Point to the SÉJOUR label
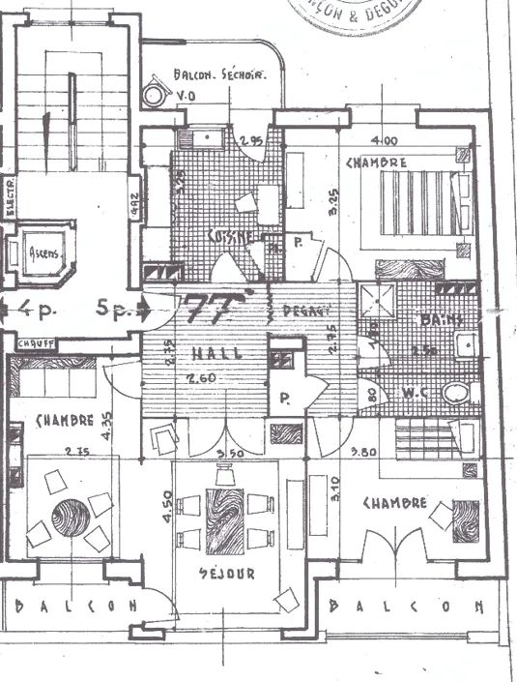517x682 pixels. [227, 574]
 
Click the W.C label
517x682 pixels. [415, 393]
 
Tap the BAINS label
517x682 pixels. [444, 318]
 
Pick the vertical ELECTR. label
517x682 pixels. [9, 197]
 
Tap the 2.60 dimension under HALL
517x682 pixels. [201, 378]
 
